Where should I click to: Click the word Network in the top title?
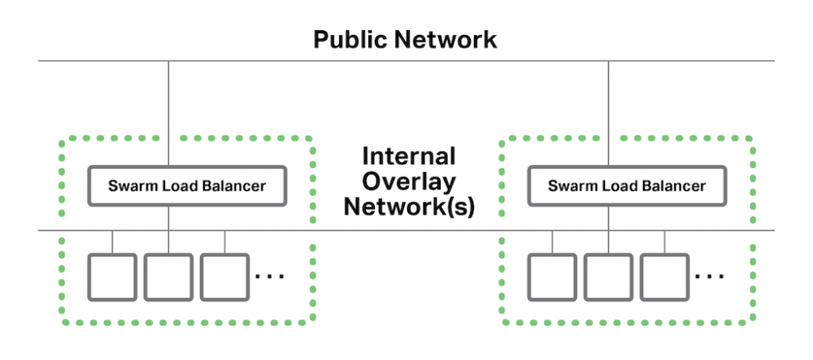click(x=450, y=38)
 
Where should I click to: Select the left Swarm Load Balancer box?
click(x=187, y=186)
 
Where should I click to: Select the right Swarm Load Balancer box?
click(x=627, y=186)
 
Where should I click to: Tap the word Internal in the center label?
click(x=408, y=155)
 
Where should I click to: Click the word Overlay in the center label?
click(x=408, y=180)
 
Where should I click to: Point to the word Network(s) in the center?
click(x=408, y=206)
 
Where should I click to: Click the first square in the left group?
click(x=112, y=276)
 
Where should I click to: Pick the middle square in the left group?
click(x=168, y=276)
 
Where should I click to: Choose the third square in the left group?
click(x=225, y=276)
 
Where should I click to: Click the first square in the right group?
click(x=552, y=276)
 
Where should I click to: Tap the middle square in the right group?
click(x=608, y=276)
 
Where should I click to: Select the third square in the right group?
click(x=665, y=276)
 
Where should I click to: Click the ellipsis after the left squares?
click(x=269, y=277)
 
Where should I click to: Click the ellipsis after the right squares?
click(x=710, y=277)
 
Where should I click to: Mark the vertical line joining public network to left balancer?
click(x=168, y=114)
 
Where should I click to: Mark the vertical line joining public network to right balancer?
click(x=609, y=114)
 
